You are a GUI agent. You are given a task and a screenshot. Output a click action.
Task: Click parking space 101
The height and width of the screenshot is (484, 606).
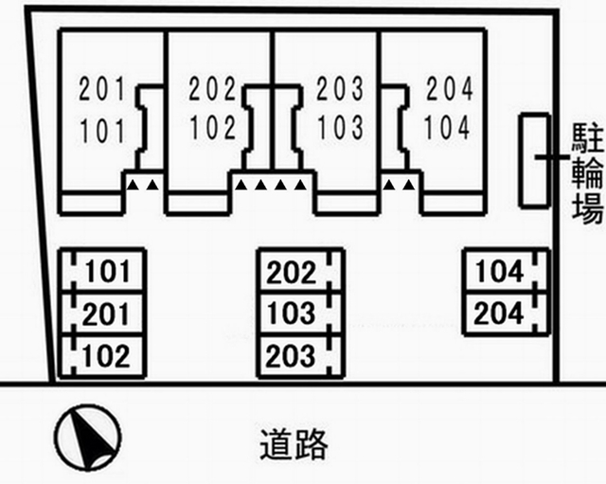(x=102, y=271)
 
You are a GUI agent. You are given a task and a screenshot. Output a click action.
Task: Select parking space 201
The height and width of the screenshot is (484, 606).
(x=102, y=314)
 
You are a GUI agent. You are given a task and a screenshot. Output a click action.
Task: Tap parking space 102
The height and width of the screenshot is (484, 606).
(x=102, y=355)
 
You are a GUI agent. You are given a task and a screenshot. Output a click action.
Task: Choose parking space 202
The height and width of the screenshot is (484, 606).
(x=300, y=271)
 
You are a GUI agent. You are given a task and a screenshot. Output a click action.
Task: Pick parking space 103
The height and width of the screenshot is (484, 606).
(x=300, y=314)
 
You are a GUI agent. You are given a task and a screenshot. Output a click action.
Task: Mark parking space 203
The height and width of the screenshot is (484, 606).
(x=300, y=355)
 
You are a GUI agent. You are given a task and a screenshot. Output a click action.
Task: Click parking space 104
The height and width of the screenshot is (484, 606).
(x=507, y=271)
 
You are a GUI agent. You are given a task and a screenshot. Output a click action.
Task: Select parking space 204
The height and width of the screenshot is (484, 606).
(x=507, y=314)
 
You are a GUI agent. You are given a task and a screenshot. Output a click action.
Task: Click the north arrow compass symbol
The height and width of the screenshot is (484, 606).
(x=88, y=438)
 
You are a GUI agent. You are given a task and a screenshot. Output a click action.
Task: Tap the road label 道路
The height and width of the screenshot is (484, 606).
(x=294, y=444)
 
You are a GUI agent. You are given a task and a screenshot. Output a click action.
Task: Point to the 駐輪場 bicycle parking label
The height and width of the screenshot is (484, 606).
(x=587, y=173)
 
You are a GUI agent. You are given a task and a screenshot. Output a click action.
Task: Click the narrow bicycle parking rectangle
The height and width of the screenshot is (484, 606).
(x=535, y=160)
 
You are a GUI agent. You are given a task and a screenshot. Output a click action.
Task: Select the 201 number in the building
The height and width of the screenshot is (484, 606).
(x=102, y=89)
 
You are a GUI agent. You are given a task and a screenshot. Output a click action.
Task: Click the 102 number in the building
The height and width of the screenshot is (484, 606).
(x=213, y=128)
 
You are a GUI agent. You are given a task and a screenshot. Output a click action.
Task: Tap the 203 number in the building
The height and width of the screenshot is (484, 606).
(x=340, y=88)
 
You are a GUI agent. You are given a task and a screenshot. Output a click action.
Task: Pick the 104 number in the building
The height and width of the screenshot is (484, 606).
(x=447, y=128)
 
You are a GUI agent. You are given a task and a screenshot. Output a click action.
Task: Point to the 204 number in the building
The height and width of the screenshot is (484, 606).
(x=450, y=88)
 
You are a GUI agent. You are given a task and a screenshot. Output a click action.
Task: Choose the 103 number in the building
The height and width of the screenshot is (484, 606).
(x=340, y=128)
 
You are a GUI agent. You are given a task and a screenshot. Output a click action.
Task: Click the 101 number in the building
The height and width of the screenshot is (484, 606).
(x=103, y=131)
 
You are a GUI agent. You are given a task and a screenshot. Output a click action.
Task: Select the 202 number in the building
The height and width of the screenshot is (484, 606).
(x=212, y=88)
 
